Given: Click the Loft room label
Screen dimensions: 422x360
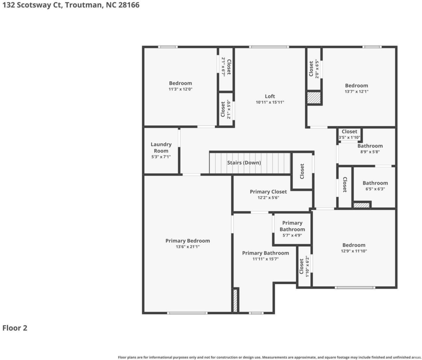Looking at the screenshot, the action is tap(270, 96).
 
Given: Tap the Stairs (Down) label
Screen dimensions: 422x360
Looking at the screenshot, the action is tap(244, 162).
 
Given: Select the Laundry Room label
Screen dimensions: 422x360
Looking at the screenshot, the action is tap(161, 148).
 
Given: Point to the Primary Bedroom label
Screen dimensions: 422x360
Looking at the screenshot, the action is tap(188, 241).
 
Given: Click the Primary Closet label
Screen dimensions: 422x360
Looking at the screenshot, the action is tap(268, 192).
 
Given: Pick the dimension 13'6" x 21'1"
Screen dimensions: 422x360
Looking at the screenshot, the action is tap(188, 247).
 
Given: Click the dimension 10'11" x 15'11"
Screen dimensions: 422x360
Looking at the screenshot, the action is tap(270, 102).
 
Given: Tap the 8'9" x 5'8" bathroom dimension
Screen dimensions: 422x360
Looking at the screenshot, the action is tap(370, 152).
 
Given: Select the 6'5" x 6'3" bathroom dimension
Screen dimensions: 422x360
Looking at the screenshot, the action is tap(375, 189).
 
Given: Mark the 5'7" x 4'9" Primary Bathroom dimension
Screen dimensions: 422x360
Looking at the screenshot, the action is tap(292, 235).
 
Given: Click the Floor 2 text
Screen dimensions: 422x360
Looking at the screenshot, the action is tap(15, 328).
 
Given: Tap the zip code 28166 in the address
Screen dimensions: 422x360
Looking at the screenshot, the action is tap(129, 5).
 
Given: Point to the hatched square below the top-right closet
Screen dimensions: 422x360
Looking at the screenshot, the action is tap(314, 97).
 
